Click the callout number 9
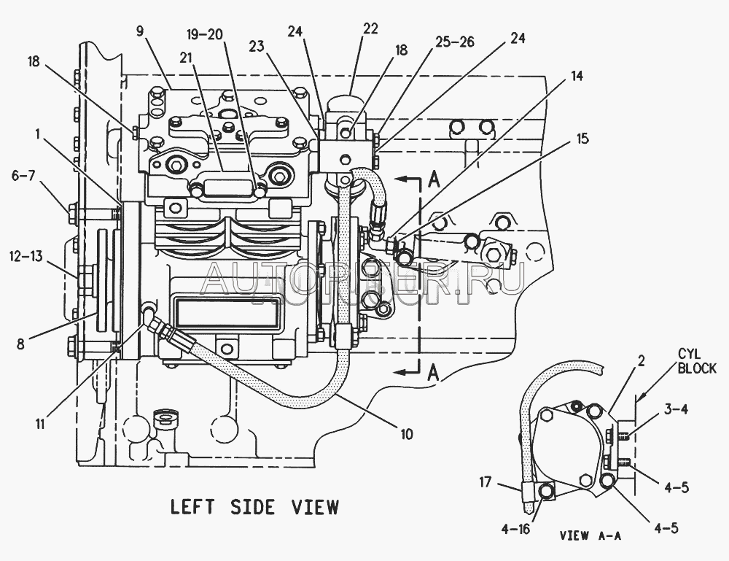141,31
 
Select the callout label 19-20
205,35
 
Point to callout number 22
370,28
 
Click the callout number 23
256,46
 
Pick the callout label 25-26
454,42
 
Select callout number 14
577,75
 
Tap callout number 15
582,139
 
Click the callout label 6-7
24,177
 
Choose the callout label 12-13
26,256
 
